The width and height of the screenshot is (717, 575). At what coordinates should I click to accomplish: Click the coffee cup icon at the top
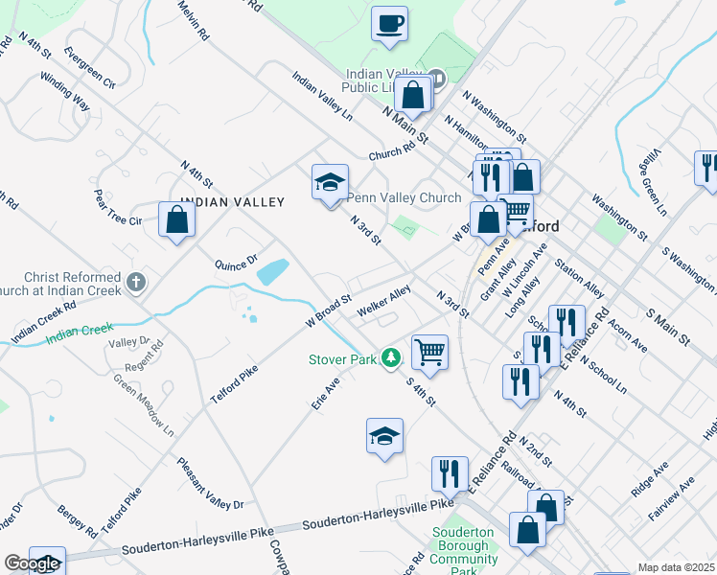tap(389, 24)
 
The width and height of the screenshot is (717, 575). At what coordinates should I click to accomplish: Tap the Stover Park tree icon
tap(390, 358)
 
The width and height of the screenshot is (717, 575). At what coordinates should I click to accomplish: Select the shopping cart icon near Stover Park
tap(430, 351)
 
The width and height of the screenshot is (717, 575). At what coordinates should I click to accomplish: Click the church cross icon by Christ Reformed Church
tap(136, 283)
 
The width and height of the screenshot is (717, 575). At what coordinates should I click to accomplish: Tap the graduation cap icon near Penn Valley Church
tap(330, 182)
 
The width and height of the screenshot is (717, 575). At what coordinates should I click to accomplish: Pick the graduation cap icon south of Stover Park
tap(385, 436)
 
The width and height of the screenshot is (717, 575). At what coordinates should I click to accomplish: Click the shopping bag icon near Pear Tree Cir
tap(177, 219)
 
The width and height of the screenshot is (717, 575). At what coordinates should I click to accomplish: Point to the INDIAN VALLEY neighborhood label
tap(233, 202)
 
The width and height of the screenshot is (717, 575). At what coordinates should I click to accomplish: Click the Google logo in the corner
tap(32, 563)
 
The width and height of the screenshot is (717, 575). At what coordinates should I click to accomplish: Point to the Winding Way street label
tap(64, 93)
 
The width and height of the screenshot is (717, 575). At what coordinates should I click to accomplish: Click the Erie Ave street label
tap(326, 393)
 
